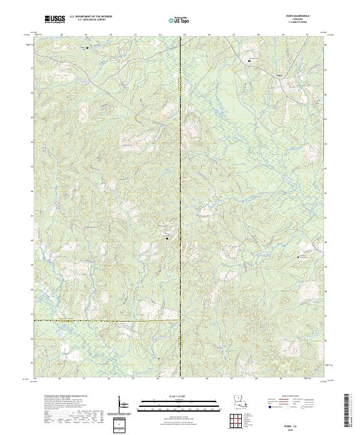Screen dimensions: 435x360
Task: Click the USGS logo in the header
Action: pyautogui.click(x=55, y=19)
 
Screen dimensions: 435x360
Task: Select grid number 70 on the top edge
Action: pyautogui.click(x=307, y=35)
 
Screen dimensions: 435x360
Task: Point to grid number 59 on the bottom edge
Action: pyautogui.click(x=35, y=379)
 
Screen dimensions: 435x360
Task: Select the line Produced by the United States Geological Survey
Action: pyautogui.click(x=57, y=397)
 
